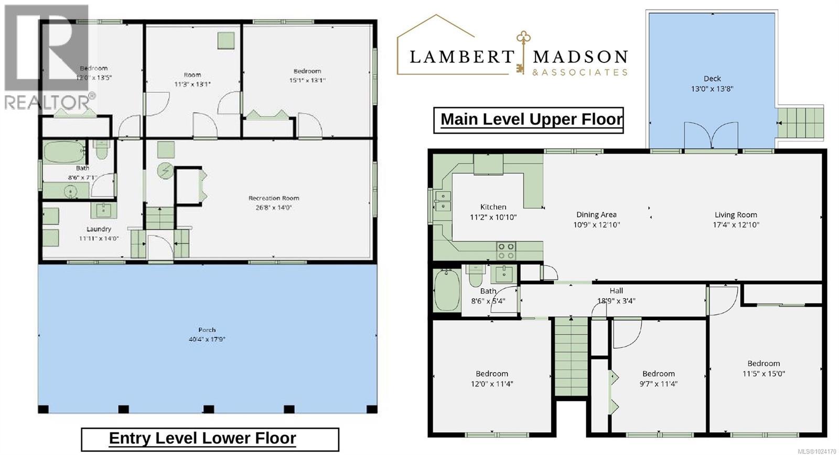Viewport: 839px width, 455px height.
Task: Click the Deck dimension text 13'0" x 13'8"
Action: point(712,89)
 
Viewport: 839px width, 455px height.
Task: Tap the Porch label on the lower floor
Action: point(207,330)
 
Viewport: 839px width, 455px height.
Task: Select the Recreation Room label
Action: point(274,198)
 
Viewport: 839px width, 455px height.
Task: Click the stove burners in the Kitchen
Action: point(506,251)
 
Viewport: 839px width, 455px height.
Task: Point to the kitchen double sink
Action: point(443,201)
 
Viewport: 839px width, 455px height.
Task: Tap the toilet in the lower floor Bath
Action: point(102,149)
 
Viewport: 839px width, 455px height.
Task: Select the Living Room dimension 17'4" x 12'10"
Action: point(736,225)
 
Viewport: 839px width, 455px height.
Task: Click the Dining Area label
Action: point(596,214)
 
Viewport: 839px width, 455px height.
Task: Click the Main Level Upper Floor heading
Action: point(531,120)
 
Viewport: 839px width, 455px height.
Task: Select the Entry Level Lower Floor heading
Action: point(202,438)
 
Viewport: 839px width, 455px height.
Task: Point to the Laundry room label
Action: point(99,229)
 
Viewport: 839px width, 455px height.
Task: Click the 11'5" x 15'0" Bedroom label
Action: point(763,364)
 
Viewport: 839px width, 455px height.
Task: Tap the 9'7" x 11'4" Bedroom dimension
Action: point(659,384)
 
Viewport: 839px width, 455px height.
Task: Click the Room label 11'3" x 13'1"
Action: point(192,75)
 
